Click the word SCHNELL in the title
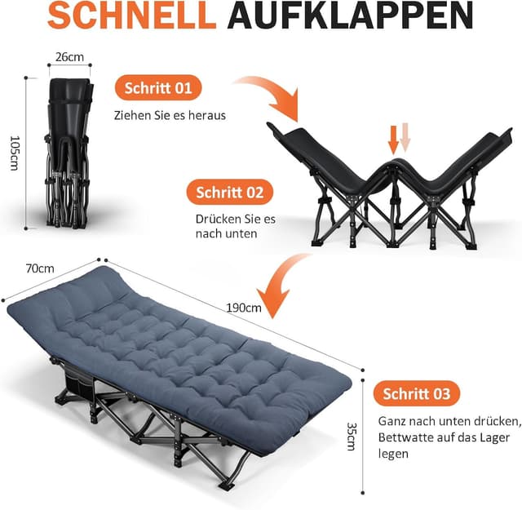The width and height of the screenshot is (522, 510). click(x=134, y=17)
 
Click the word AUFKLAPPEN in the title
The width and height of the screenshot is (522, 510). click(x=347, y=17)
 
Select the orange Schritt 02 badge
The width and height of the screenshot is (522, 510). click(x=229, y=193)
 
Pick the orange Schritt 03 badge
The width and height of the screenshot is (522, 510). click(x=417, y=394)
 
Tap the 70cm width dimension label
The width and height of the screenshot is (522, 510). click(x=39, y=268)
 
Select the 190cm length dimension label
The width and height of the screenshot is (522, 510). click(x=244, y=308)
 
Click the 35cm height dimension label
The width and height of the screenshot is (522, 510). click(x=351, y=436)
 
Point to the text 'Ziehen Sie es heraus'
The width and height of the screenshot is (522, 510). click(x=170, y=115)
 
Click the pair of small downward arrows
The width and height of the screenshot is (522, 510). click(x=400, y=138)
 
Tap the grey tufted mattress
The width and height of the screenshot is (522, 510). click(x=179, y=343)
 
